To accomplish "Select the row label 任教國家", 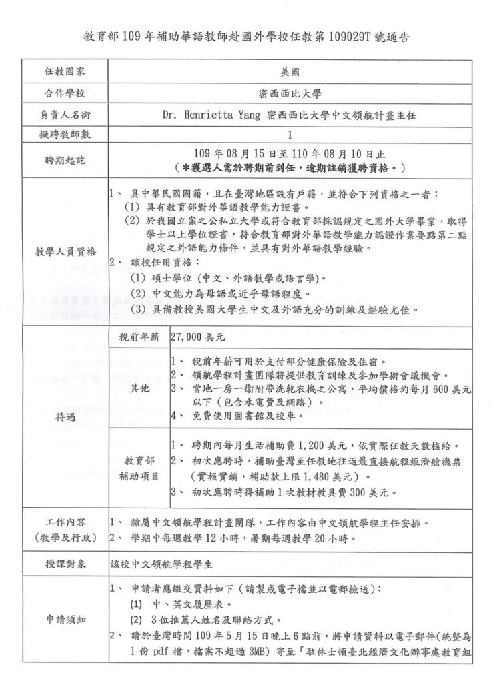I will pyautogui.click(x=65, y=72).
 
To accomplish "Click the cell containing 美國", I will pyautogui.click(x=290, y=72).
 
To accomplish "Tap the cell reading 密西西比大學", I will pyautogui.click(x=290, y=93).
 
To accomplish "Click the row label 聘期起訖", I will pyautogui.click(x=65, y=159).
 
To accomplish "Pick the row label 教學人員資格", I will pyautogui.click(x=65, y=252).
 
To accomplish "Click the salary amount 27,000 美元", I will pyautogui.click(x=200, y=338).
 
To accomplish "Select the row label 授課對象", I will pyautogui.click(x=65, y=563).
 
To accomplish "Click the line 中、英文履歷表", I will pyautogui.click(x=178, y=604).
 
